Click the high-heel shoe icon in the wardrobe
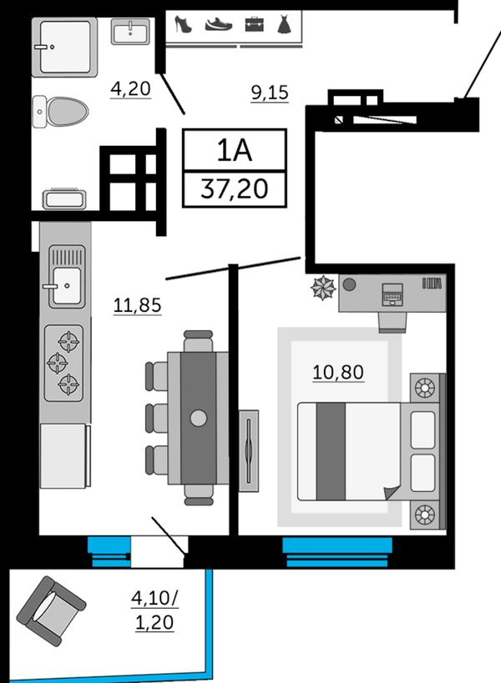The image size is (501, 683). click(x=183, y=24)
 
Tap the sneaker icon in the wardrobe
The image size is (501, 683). click(x=219, y=24)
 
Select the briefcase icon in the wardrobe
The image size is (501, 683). click(x=254, y=24)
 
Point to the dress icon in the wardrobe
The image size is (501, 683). click(x=284, y=23)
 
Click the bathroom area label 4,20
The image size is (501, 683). click(x=130, y=89)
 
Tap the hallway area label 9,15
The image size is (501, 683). click(x=270, y=93)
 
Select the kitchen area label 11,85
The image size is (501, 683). click(x=137, y=305)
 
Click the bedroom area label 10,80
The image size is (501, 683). click(x=338, y=373)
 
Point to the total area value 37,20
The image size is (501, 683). click(x=234, y=189)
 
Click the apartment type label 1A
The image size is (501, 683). click(x=234, y=150)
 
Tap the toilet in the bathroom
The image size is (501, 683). click(x=61, y=112)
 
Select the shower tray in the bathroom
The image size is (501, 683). click(x=64, y=47)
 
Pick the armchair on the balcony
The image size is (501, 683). click(x=51, y=611)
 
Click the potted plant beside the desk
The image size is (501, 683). click(x=323, y=288)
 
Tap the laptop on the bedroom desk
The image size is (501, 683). click(x=392, y=294)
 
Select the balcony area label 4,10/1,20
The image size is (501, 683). click(x=154, y=610)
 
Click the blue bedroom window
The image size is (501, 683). click(x=337, y=551)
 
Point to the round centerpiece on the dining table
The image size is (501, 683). click(x=199, y=418)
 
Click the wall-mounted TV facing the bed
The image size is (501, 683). click(x=249, y=451)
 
